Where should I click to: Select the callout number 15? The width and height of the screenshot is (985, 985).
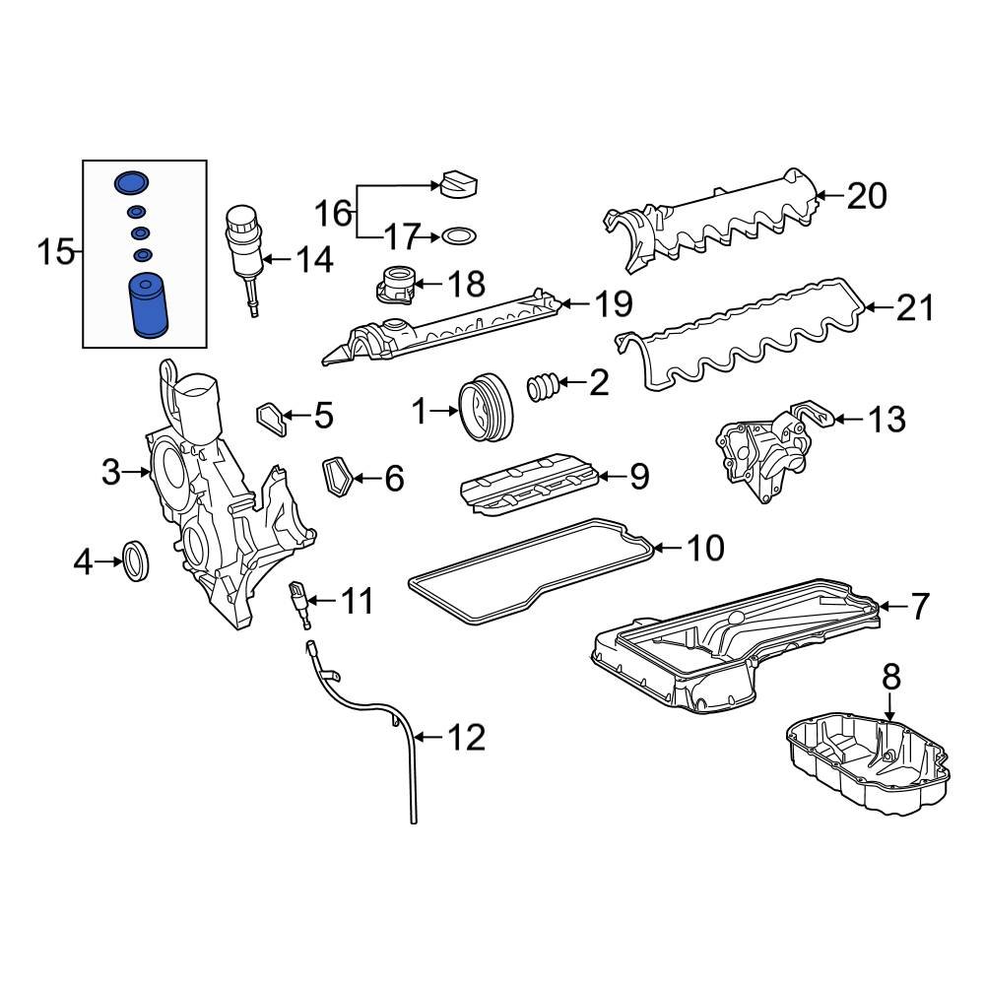coord(56,253)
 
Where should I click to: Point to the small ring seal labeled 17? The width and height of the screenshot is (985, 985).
coord(459,236)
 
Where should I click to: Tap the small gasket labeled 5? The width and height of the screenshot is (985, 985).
coord(272,418)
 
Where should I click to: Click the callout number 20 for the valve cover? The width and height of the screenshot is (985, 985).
coord(867,196)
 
